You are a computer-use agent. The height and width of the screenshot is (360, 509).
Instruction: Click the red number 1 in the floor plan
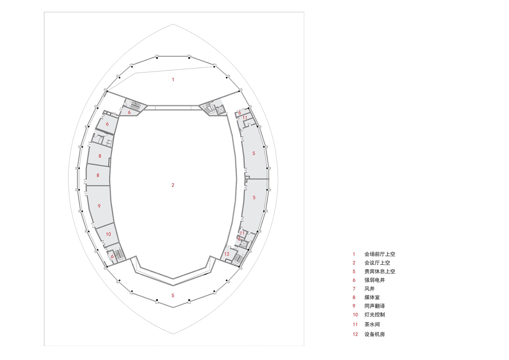173,80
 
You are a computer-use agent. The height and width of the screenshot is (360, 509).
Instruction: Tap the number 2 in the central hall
173,185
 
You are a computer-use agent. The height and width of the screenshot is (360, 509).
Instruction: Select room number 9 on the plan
99,206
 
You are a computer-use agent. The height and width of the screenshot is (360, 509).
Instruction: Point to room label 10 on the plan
108,234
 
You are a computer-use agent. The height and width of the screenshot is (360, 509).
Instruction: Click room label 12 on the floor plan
227,254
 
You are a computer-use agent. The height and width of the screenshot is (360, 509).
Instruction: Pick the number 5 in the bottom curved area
173,295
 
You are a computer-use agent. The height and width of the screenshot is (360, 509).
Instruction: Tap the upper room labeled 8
100,156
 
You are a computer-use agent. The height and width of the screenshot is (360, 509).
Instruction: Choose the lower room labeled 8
98,175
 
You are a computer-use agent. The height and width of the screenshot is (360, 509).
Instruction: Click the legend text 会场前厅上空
380,254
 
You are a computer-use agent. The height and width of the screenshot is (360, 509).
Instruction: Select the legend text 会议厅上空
377,263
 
